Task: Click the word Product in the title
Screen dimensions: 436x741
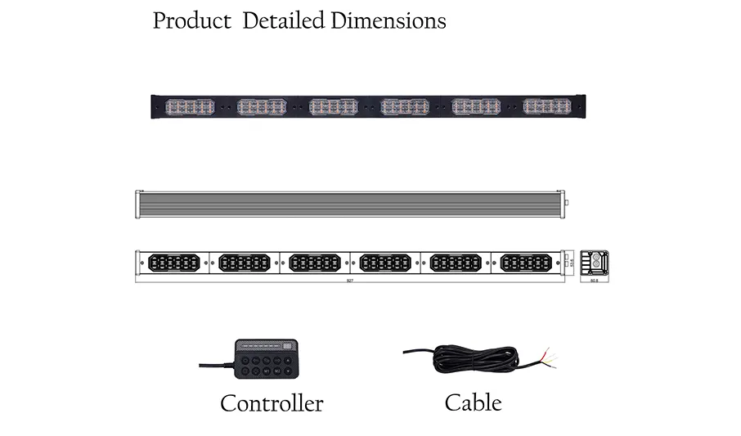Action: point(192,20)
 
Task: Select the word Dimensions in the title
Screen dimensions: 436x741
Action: point(388,20)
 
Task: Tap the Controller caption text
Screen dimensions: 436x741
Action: point(272,403)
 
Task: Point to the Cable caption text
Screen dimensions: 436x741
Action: point(473,402)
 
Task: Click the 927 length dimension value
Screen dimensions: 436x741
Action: point(350,281)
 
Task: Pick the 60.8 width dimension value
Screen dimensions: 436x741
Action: point(594,281)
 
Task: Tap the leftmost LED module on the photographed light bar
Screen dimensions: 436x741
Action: point(188,107)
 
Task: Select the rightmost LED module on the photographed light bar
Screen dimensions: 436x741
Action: point(547,106)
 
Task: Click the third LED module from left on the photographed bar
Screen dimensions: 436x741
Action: point(334,107)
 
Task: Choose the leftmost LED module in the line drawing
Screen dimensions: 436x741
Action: point(173,263)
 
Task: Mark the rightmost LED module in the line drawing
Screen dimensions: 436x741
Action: point(525,263)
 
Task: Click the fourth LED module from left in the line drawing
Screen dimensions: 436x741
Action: point(384,263)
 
